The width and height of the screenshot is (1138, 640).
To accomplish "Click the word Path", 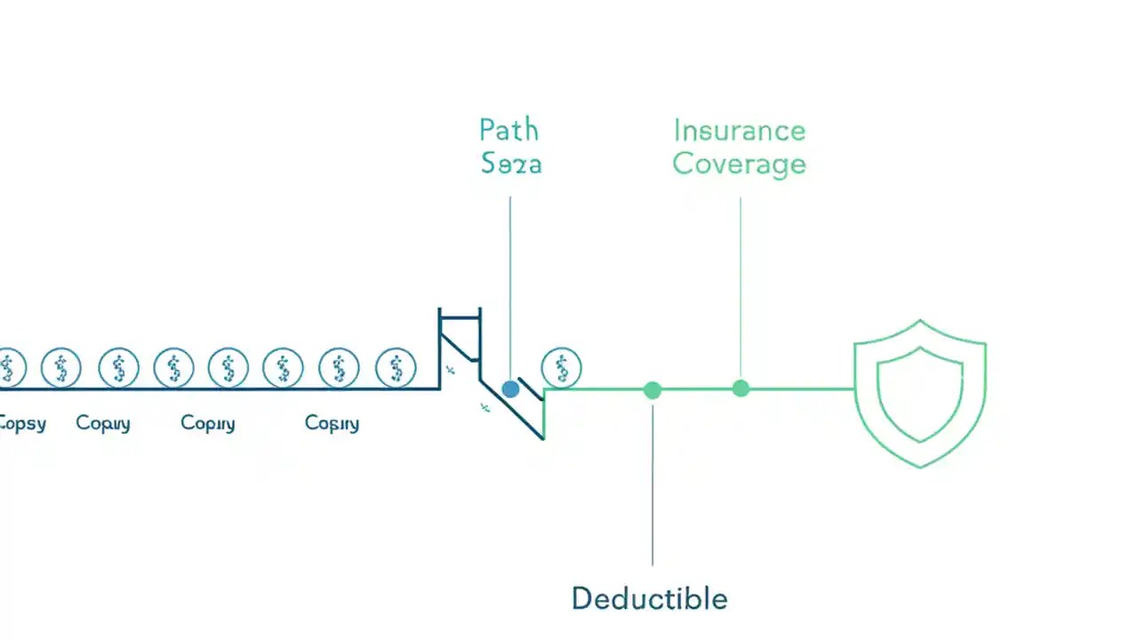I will [x=509, y=131].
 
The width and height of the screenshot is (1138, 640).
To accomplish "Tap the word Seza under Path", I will [x=511, y=164].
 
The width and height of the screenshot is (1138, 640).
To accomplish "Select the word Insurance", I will [x=739, y=131].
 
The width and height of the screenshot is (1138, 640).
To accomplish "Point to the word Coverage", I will [x=739, y=164].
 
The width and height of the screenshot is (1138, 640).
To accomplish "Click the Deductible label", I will [x=649, y=598].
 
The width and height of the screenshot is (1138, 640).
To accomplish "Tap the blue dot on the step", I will [x=510, y=388].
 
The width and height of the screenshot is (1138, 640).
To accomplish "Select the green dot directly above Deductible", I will [x=653, y=389].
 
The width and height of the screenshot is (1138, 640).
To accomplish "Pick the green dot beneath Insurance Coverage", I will [x=741, y=388].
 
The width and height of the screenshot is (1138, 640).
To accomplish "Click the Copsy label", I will [x=22, y=423].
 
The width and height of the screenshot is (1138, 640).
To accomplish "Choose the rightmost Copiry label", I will [x=332, y=423].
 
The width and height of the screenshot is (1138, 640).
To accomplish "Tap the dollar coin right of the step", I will [x=561, y=366].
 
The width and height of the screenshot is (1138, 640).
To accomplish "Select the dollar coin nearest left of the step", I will [x=396, y=367].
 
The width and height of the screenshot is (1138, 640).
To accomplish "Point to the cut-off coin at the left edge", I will [x=9, y=367].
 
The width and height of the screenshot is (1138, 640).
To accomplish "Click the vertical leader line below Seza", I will [x=509, y=284].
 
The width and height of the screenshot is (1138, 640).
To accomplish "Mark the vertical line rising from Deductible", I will [x=653, y=489].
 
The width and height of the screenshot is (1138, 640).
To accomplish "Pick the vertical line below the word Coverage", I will [x=741, y=284].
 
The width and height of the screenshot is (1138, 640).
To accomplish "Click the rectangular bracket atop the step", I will [x=460, y=314].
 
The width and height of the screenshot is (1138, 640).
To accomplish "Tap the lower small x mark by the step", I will [x=485, y=408].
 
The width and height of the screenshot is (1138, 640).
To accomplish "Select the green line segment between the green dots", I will [x=696, y=388].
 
